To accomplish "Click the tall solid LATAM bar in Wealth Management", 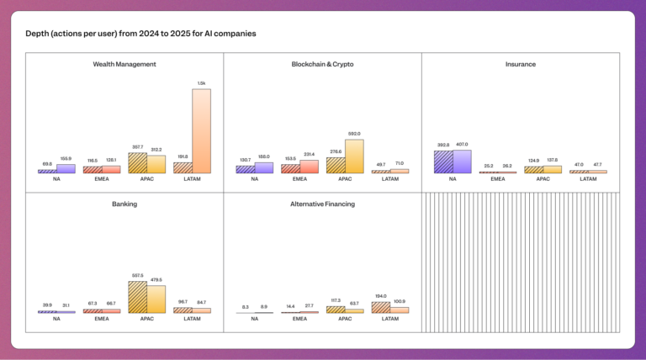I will tap(201, 131).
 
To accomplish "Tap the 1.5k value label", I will tap(201, 83).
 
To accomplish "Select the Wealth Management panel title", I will tap(124, 64).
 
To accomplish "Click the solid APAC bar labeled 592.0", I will tap(354, 156).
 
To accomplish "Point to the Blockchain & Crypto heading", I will tap(322, 64).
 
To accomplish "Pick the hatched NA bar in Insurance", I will tap(443, 161).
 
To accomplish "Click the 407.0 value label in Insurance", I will tap(462, 144).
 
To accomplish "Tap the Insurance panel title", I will tap(521, 64).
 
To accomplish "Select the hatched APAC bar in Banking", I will tap(137, 297).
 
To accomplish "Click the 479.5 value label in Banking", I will tap(156, 279).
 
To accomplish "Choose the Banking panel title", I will tap(124, 204).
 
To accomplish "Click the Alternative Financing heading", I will tap(322, 204).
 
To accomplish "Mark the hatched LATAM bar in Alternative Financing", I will tap(381, 307).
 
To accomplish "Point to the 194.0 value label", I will tap(381, 296).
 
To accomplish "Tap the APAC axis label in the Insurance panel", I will tap(543, 179).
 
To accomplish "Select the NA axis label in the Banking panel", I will tap(56, 319).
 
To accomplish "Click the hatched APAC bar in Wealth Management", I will tap(137, 163).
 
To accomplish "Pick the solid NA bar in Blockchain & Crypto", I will tap(264, 168).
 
